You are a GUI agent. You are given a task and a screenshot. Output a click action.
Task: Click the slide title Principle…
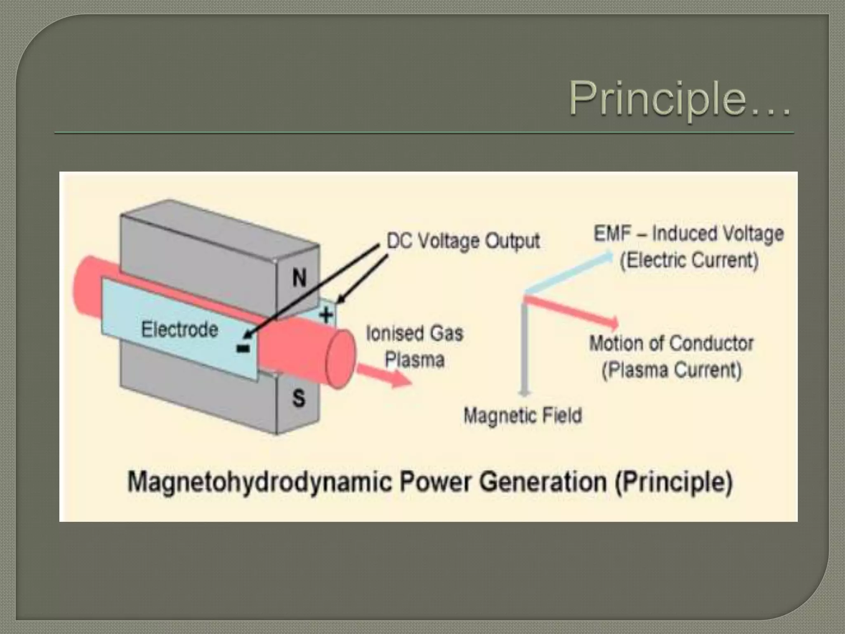[x=680, y=99]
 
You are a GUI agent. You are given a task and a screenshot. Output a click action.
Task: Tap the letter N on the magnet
[x=299, y=278]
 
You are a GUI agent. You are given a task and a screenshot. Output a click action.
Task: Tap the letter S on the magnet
[x=298, y=398]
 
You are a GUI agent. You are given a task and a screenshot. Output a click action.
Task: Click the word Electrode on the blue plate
[x=179, y=330]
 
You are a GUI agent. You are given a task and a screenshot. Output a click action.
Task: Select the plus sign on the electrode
[x=326, y=315]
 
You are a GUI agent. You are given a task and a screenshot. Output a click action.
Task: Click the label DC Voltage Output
[x=463, y=241]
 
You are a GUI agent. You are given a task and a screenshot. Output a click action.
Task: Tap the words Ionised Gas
[x=415, y=334]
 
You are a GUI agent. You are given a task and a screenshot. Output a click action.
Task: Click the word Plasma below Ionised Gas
[x=415, y=360]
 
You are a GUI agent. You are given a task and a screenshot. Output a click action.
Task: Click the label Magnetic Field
[x=523, y=415]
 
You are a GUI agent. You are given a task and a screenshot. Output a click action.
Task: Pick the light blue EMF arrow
[x=569, y=272]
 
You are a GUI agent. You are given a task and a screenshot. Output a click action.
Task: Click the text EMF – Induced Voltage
[x=688, y=234]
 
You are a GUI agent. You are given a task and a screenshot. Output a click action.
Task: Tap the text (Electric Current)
[x=689, y=260]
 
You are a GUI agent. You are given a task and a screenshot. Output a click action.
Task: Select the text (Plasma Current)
[x=671, y=369]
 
